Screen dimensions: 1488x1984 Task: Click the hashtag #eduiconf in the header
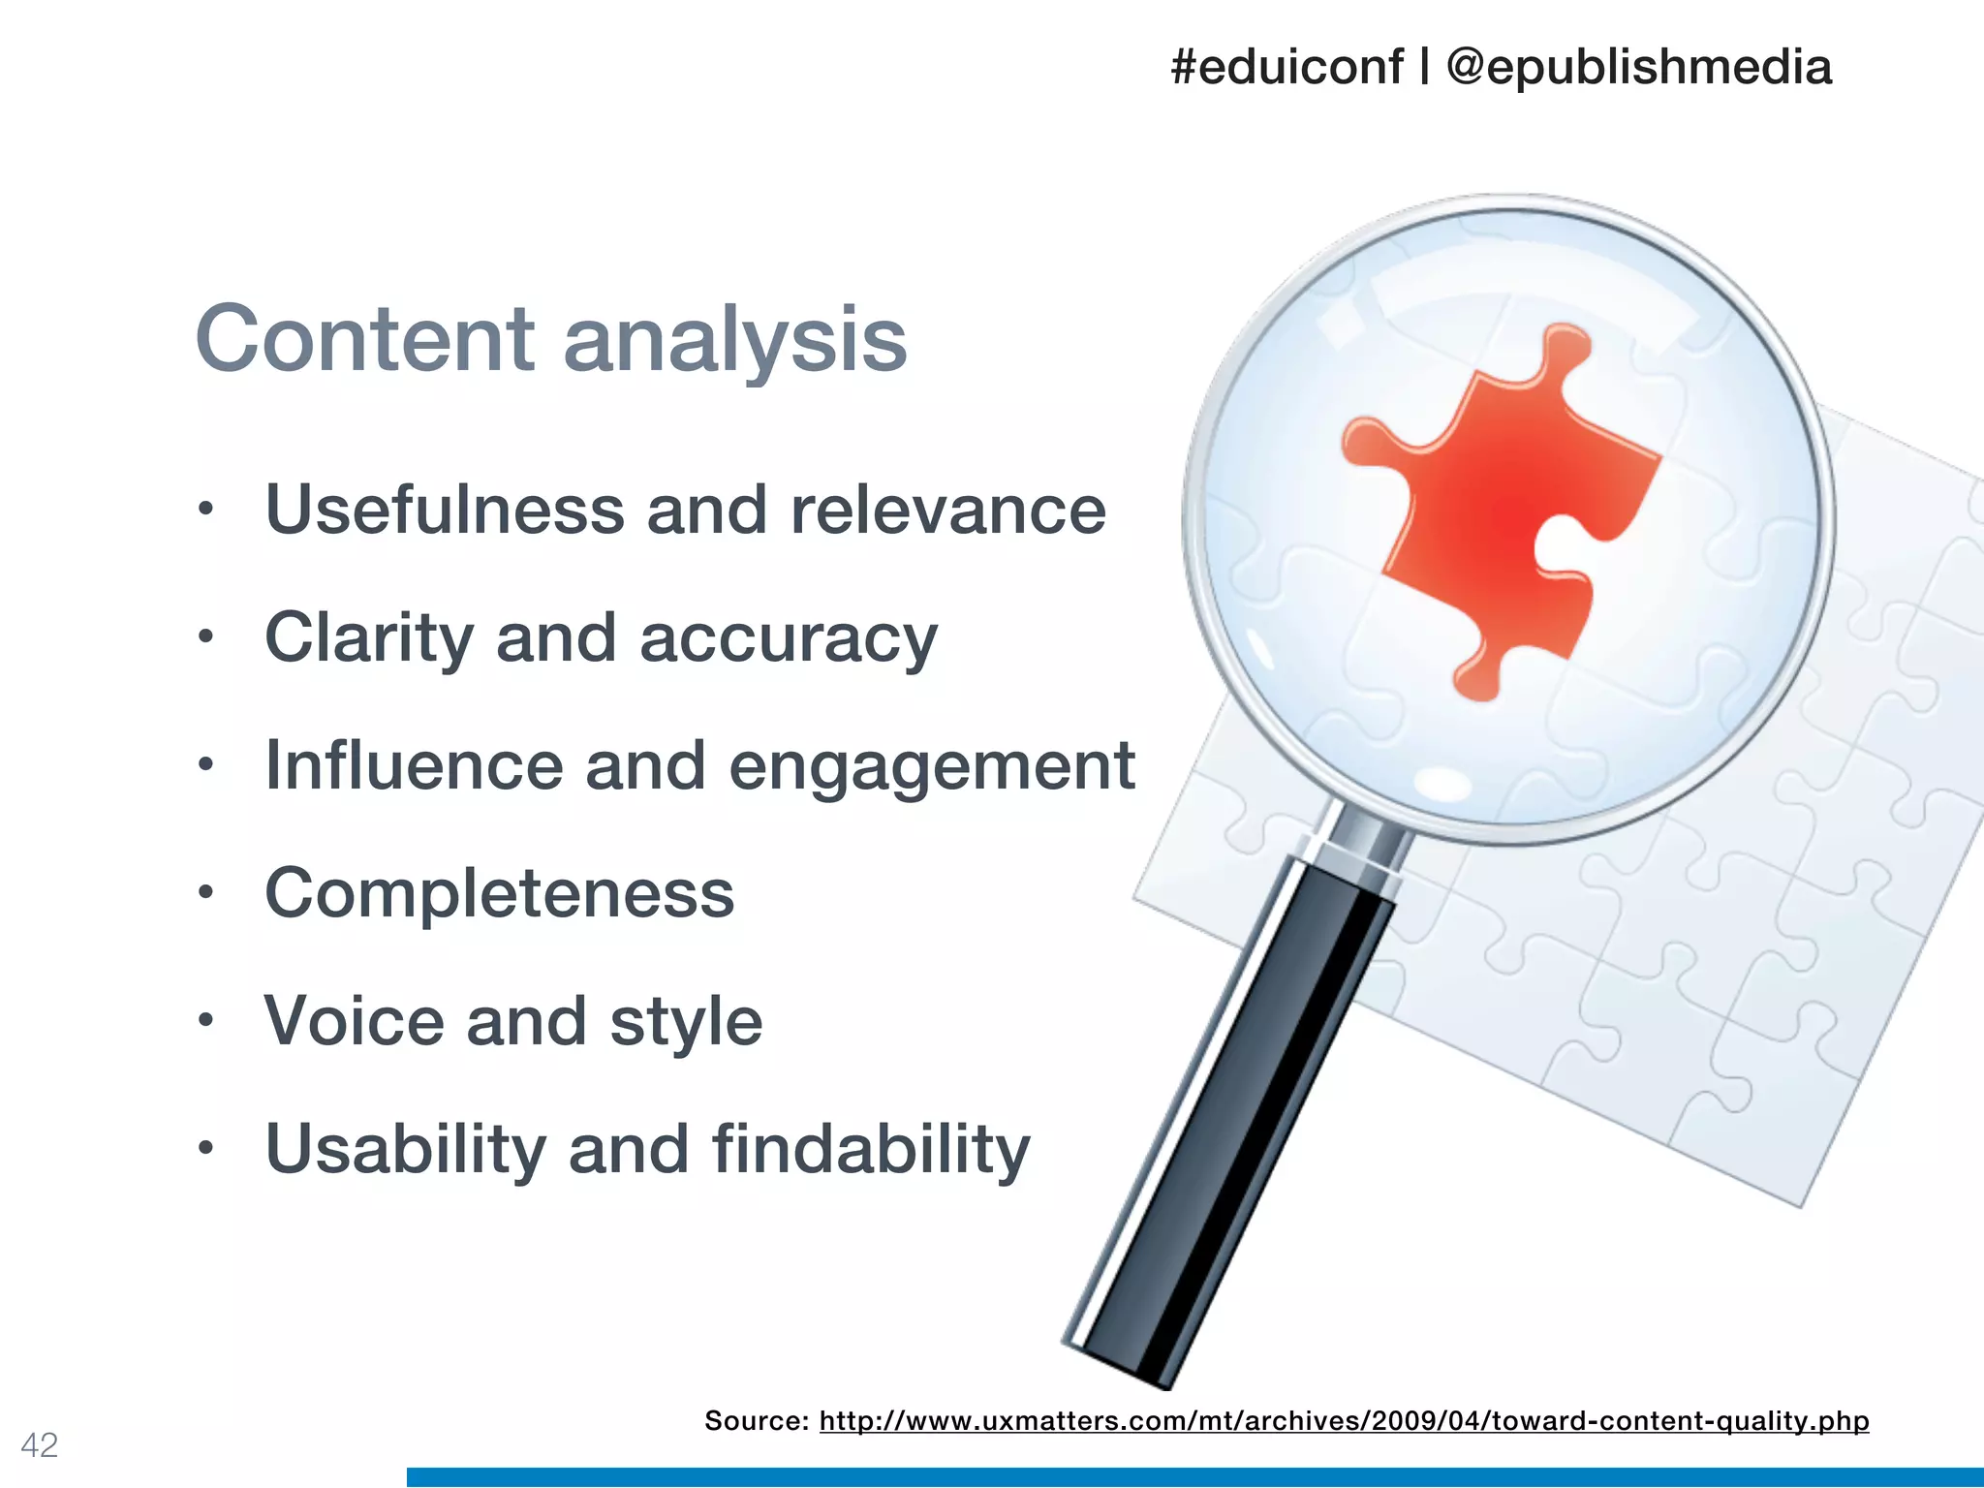[x=1286, y=68]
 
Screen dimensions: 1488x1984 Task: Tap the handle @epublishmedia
[x=1638, y=68]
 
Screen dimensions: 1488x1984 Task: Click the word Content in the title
[x=365, y=339]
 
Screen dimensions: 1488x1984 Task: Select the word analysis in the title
[x=735, y=341]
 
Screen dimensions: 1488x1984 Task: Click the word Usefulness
[x=445, y=510]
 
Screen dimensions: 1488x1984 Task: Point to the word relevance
[x=947, y=511]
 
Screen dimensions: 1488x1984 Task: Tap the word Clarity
[x=369, y=639]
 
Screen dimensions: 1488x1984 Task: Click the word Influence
[x=414, y=765]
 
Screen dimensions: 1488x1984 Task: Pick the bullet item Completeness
[x=500, y=893]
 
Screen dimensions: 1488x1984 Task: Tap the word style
[x=686, y=1023]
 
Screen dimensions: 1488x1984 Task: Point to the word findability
[x=871, y=1149]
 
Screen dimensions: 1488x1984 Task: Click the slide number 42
[x=40, y=1444]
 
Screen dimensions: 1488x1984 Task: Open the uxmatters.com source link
[x=1344, y=1421]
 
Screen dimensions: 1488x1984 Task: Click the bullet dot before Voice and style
[x=204, y=1020]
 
